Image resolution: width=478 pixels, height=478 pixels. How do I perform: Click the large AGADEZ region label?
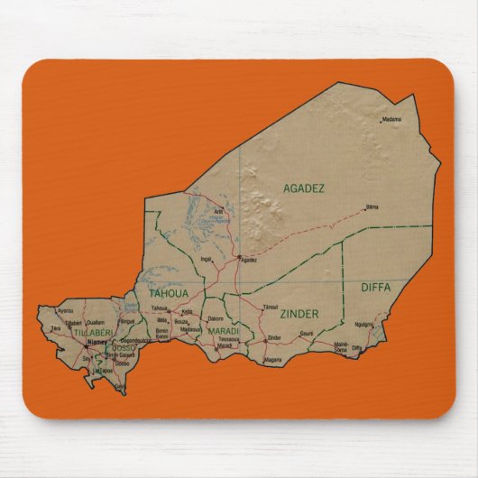pyautogui.click(x=304, y=188)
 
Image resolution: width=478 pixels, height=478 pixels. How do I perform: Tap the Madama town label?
pyautogui.click(x=391, y=119)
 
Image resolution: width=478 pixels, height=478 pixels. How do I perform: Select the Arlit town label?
pyautogui.click(x=218, y=212)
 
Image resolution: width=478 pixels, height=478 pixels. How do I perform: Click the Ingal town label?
pyautogui.click(x=206, y=259)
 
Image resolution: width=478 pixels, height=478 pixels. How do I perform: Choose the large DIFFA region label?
pyautogui.click(x=375, y=287)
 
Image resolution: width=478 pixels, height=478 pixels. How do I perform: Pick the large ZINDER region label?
pyautogui.click(x=299, y=314)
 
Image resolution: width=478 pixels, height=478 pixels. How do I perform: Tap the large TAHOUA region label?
pyautogui.click(x=169, y=294)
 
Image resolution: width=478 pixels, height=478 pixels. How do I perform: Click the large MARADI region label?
pyautogui.click(x=223, y=331)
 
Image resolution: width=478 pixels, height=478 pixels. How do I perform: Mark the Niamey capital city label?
pyautogui.click(x=96, y=342)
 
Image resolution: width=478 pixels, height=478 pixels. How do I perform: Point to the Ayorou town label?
pyautogui.click(x=65, y=311)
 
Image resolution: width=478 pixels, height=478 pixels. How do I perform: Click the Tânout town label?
pyautogui.click(x=271, y=307)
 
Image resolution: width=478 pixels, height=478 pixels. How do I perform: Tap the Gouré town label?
pyautogui.click(x=307, y=333)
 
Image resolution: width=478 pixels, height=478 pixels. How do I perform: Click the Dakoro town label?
pyautogui.click(x=215, y=318)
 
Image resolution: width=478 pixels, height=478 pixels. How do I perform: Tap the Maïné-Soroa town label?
pyautogui.click(x=341, y=345)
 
